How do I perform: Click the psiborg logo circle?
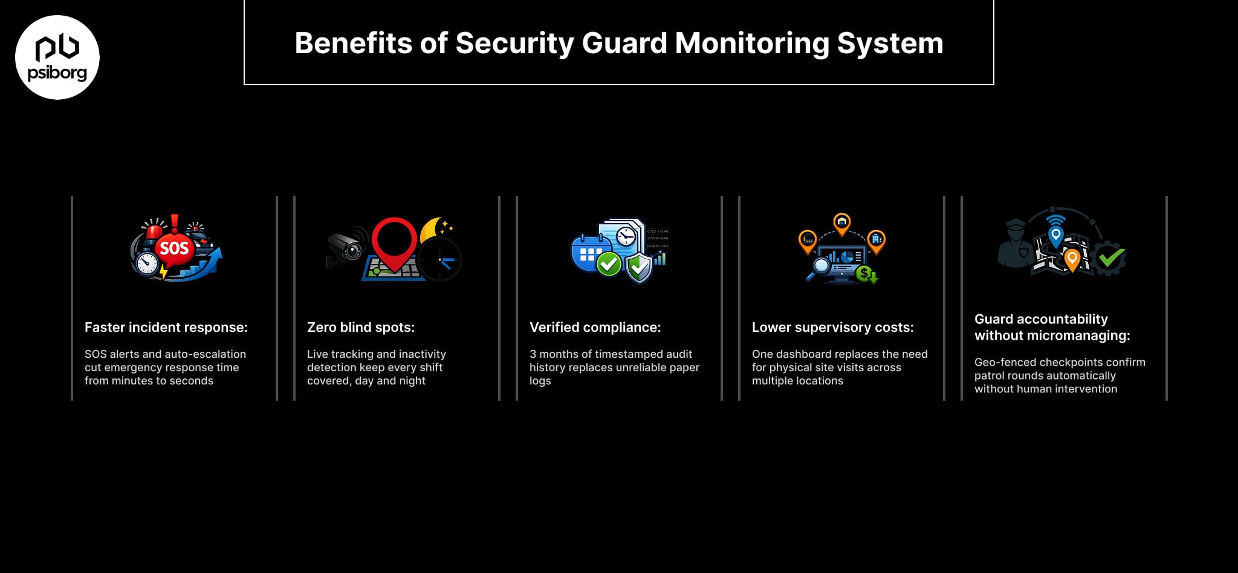pyautogui.click(x=57, y=57)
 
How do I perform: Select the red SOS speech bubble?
pyautogui.click(x=174, y=248)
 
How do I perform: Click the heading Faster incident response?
pyautogui.click(x=166, y=328)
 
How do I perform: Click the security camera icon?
pyautogui.click(x=346, y=247)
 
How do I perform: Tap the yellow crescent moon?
pyautogui.click(x=432, y=230)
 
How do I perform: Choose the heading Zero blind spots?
pyautogui.click(x=360, y=328)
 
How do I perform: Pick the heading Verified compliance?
pyautogui.click(x=595, y=328)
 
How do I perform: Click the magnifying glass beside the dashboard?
pyautogui.click(x=820, y=267)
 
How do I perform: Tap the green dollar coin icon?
pyautogui.click(x=865, y=274)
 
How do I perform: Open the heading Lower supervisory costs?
pyautogui.click(x=832, y=328)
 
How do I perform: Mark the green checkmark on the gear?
pyautogui.click(x=1110, y=258)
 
